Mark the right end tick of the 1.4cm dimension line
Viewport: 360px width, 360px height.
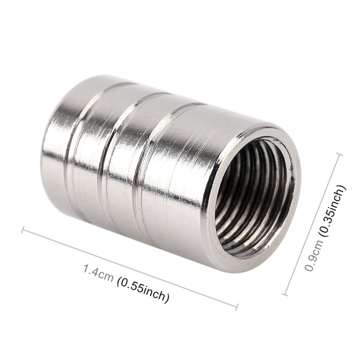[236, 305]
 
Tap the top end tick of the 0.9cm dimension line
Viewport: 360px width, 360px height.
[340, 154]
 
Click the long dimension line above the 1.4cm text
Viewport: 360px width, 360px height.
[130, 267]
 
